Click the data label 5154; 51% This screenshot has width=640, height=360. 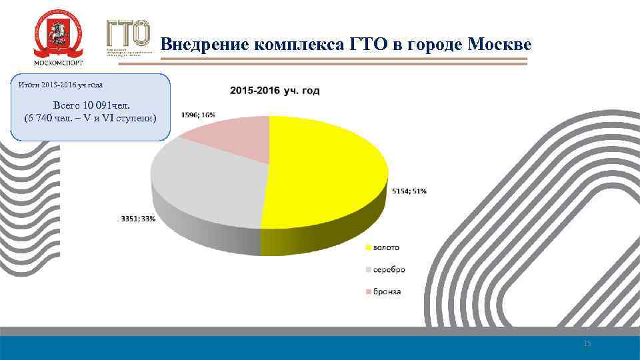[x=408, y=191]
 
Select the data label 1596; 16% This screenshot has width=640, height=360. [x=198, y=115]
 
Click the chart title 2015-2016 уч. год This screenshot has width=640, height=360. [x=275, y=91]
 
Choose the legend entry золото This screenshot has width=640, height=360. [x=386, y=247]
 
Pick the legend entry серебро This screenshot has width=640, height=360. [x=389, y=270]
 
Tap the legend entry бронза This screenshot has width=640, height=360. [x=387, y=292]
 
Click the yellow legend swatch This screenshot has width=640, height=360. [x=367, y=247]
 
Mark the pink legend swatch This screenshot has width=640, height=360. [x=367, y=292]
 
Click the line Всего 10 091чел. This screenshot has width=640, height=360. [x=91, y=105]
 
